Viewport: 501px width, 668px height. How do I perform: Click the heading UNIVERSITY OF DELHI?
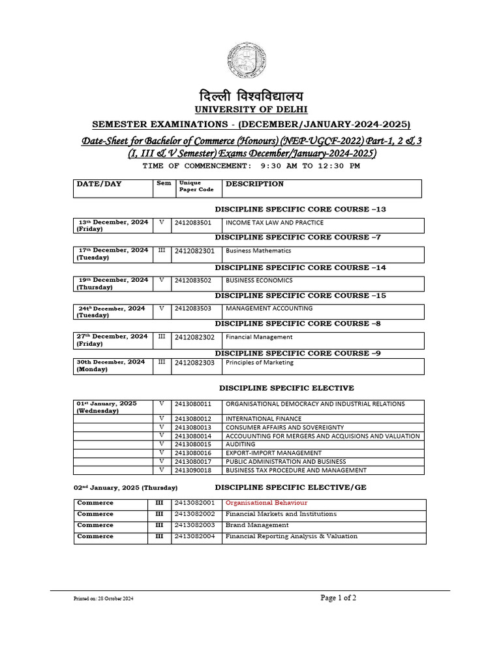pyautogui.click(x=250, y=109)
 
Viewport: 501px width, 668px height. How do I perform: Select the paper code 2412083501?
pyautogui.click(x=193, y=222)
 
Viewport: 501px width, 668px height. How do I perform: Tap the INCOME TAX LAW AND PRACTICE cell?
pyautogui.click(x=274, y=222)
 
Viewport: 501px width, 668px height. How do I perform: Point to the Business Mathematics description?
pyautogui.click(x=258, y=250)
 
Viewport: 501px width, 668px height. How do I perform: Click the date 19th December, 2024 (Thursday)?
pyautogui.click(x=112, y=283)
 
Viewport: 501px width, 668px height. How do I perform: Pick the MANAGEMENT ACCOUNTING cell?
pyautogui.click(x=269, y=308)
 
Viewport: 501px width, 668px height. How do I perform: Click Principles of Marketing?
pyautogui.click(x=260, y=363)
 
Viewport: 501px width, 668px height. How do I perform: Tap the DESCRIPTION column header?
pyautogui.click(x=254, y=184)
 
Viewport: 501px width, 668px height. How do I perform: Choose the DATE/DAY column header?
pyautogui.click(x=99, y=184)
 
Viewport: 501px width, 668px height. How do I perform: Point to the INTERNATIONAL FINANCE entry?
pyautogui.click(x=264, y=419)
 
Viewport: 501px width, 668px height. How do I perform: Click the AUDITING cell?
pyautogui.click(x=240, y=444)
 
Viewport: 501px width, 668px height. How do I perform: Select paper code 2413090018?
pyautogui.click(x=193, y=470)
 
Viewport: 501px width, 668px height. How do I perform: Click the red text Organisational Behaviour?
pyautogui.click(x=266, y=503)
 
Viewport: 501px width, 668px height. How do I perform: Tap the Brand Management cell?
pyautogui.click(x=257, y=525)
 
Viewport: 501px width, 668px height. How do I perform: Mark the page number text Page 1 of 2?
pyautogui.click(x=339, y=598)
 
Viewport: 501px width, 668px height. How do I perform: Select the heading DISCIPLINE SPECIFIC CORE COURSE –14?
pyautogui.click(x=300, y=267)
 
